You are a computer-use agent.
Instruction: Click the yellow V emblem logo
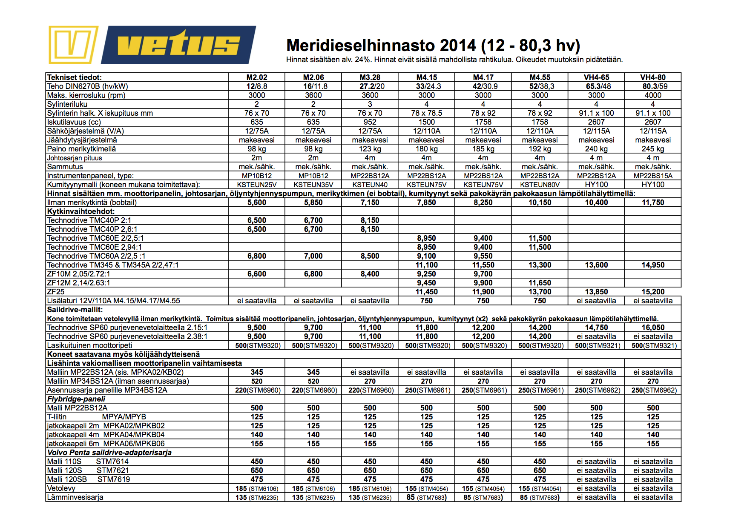[73, 45]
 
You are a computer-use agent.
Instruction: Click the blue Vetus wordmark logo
[179, 45]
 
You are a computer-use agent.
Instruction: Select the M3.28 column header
[370, 77]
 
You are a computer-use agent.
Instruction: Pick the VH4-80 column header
[652, 77]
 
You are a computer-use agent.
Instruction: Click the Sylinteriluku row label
[67, 104]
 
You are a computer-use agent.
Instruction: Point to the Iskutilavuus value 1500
[426, 122]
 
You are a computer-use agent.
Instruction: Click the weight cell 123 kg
[370, 149]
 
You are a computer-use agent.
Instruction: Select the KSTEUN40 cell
[370, 185]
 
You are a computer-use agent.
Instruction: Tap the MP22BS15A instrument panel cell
[652, 176]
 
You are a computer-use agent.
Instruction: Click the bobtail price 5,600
[257, 202]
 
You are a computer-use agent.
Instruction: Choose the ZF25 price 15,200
[652, 292]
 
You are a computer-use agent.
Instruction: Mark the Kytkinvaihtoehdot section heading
[81, 211]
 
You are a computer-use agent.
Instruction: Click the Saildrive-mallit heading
[75, 310]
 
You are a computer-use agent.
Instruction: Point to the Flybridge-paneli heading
[76, 399]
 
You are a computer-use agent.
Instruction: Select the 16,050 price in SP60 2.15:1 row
[652, 328]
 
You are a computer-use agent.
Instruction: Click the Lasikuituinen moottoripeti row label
[89, 345]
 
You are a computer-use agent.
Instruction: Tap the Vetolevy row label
[61, 488]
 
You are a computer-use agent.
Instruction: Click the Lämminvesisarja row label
[75, 497]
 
